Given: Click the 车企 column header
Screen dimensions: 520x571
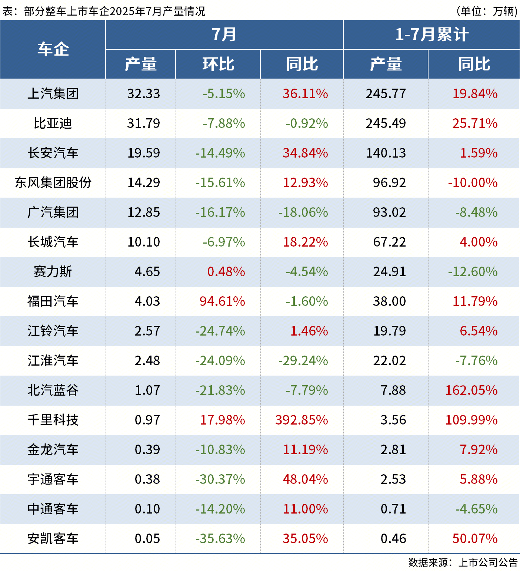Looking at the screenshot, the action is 53,49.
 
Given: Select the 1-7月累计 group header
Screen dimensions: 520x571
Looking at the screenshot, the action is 431,34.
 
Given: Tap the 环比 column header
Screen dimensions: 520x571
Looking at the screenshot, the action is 218,64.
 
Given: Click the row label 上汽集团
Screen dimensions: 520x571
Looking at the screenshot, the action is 53,94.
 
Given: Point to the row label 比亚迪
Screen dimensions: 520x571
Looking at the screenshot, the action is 53,123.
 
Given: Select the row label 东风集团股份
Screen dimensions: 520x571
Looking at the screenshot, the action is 53,183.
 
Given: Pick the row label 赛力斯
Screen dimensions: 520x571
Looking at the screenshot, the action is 53,272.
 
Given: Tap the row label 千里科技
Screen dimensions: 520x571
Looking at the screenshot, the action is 53,420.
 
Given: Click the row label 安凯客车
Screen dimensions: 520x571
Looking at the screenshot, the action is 53,539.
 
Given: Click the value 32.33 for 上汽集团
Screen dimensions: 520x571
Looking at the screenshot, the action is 144,94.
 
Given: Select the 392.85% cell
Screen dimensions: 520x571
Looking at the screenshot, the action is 301,420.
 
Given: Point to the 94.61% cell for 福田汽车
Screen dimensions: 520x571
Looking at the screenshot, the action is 222,301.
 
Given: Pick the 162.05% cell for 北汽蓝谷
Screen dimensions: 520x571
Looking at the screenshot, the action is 471,390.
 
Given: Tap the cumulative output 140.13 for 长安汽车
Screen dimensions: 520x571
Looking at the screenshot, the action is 386,153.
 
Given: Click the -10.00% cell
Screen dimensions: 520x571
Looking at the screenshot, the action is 473,183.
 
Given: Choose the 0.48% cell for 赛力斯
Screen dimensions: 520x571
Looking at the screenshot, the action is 226,272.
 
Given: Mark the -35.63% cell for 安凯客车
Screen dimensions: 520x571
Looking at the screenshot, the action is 220,539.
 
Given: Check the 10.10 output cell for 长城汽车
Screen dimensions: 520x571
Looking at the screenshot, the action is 144,242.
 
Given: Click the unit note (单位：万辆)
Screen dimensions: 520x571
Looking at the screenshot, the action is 487,11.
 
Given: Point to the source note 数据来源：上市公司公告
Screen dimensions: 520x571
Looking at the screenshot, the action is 463,562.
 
